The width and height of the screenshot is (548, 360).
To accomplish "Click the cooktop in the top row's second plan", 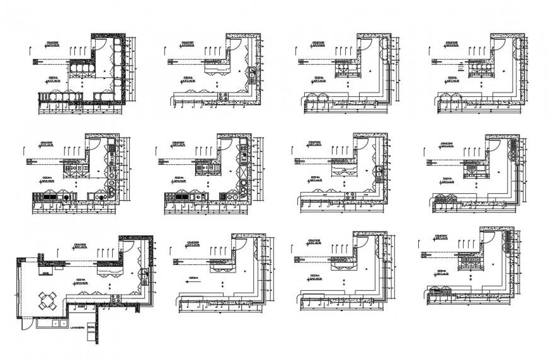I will (x=223, y=96).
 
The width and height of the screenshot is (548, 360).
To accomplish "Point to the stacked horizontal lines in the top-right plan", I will (x=462, y=64).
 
